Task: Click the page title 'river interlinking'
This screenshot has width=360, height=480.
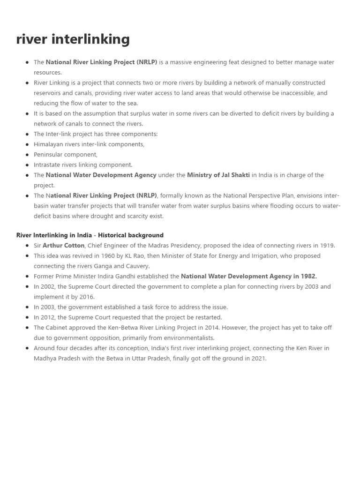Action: click(x=73, y=39)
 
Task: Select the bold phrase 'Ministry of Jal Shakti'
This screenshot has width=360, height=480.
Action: click(x=218, y=175)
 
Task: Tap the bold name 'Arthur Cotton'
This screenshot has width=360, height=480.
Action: click(x=63, y=245)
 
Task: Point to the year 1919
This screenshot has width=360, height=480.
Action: click(x=327, y=245)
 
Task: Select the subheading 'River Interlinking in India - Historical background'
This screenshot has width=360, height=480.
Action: click(x=90, y=235)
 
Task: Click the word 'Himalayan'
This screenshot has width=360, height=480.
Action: click(x=49, y=144)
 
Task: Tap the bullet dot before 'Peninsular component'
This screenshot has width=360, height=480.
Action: click(x=27, y=155)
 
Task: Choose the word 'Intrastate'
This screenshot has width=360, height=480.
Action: click(x=48, y=165)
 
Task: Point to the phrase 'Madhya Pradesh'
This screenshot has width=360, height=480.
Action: click(x=55, y=358)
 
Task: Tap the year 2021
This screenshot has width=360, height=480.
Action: click(x=258, y=358)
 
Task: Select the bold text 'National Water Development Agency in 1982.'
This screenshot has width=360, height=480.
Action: click(x=248, y=276)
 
